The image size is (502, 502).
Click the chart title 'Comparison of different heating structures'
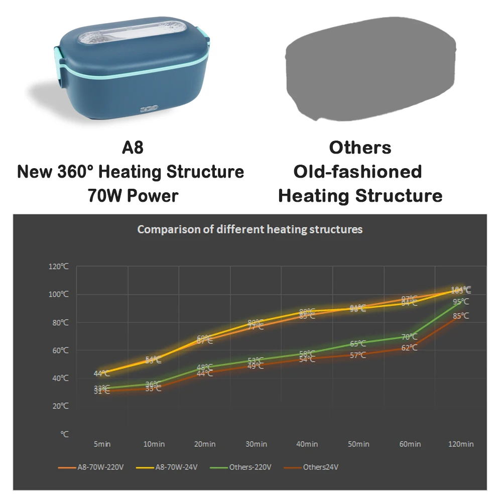click(x=250, y=229)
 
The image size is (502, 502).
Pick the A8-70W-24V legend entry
click(x=176, y=467)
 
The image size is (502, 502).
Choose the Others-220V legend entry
click(x=250, y=467)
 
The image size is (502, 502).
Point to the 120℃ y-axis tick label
click(x=59, y=267)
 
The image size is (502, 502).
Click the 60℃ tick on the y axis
click(x=60, y=350)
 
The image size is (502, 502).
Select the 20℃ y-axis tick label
click(x=60, y=406)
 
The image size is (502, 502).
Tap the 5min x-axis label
click(x=102, y=444)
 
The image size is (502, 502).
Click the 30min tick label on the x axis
click(x=256, y=444)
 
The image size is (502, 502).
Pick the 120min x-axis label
click(x=460, y=444)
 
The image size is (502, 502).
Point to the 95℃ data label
click(x=461, y=302)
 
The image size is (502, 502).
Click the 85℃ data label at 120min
click(x=461, y=316)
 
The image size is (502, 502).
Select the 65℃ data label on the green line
click(x=358, y=344)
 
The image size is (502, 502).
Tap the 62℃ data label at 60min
click(x=409, y=347)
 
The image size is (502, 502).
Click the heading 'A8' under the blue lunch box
click(x=133, y=148)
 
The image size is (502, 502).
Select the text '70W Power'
click(x=133, y=195)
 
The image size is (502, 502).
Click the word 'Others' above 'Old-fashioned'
click(x=360, y=148)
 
